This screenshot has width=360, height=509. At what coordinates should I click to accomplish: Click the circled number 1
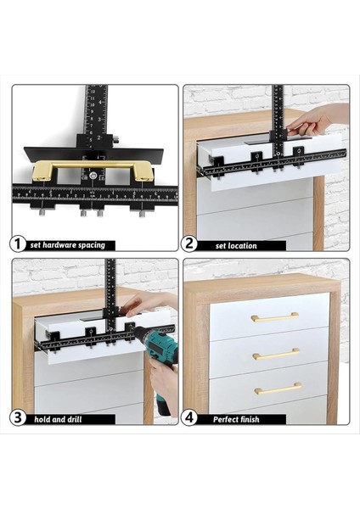click(x=18, y=244)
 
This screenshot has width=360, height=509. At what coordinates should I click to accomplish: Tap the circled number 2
click(x=189, y=243)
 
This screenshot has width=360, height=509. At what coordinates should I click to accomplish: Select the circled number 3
click(x=18, y=417)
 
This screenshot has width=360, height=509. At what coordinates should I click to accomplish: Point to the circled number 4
click(x=189, y=417)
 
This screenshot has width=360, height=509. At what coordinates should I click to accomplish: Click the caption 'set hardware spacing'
click(x=68, y=245)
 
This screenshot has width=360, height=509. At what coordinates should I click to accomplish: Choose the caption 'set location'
click(x=236, y=246)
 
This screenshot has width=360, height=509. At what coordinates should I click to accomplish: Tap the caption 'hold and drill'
click(x=58, y=419)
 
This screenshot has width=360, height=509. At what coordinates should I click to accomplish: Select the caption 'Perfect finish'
click(x=236, y=419)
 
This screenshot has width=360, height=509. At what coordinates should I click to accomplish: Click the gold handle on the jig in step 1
click(x=93, y=169)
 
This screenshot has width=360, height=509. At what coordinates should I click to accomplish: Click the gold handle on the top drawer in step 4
click(x=275, y=316)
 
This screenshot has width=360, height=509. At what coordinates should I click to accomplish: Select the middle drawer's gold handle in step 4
click(x=276, y=354)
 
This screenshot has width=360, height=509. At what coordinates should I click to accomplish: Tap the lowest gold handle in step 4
click(x=278, y=389)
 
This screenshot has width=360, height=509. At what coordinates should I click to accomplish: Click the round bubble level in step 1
click(x=93, y=176)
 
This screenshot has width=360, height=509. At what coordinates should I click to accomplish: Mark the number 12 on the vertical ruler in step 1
click(x=93, y=92)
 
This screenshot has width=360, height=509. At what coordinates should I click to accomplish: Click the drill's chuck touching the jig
click(x=137, y=332)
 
